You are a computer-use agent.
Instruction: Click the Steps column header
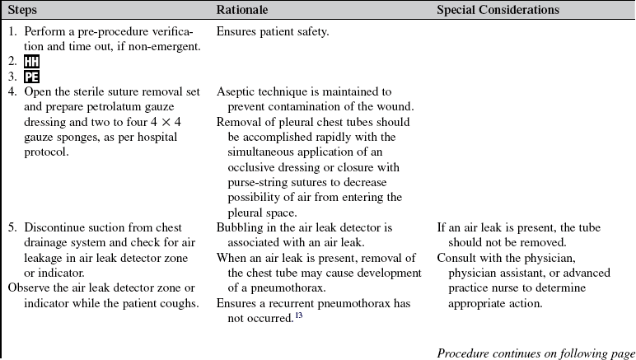click(x=26, y=10)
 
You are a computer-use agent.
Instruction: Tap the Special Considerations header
click(x=498, y=10)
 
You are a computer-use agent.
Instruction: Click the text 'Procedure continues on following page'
click(x=535, y=353)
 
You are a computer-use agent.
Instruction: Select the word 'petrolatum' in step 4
click(x=123, y=106)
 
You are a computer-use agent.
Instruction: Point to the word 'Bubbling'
click(x=241, y=227)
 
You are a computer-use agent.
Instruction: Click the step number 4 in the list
click(x=12, y=91)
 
